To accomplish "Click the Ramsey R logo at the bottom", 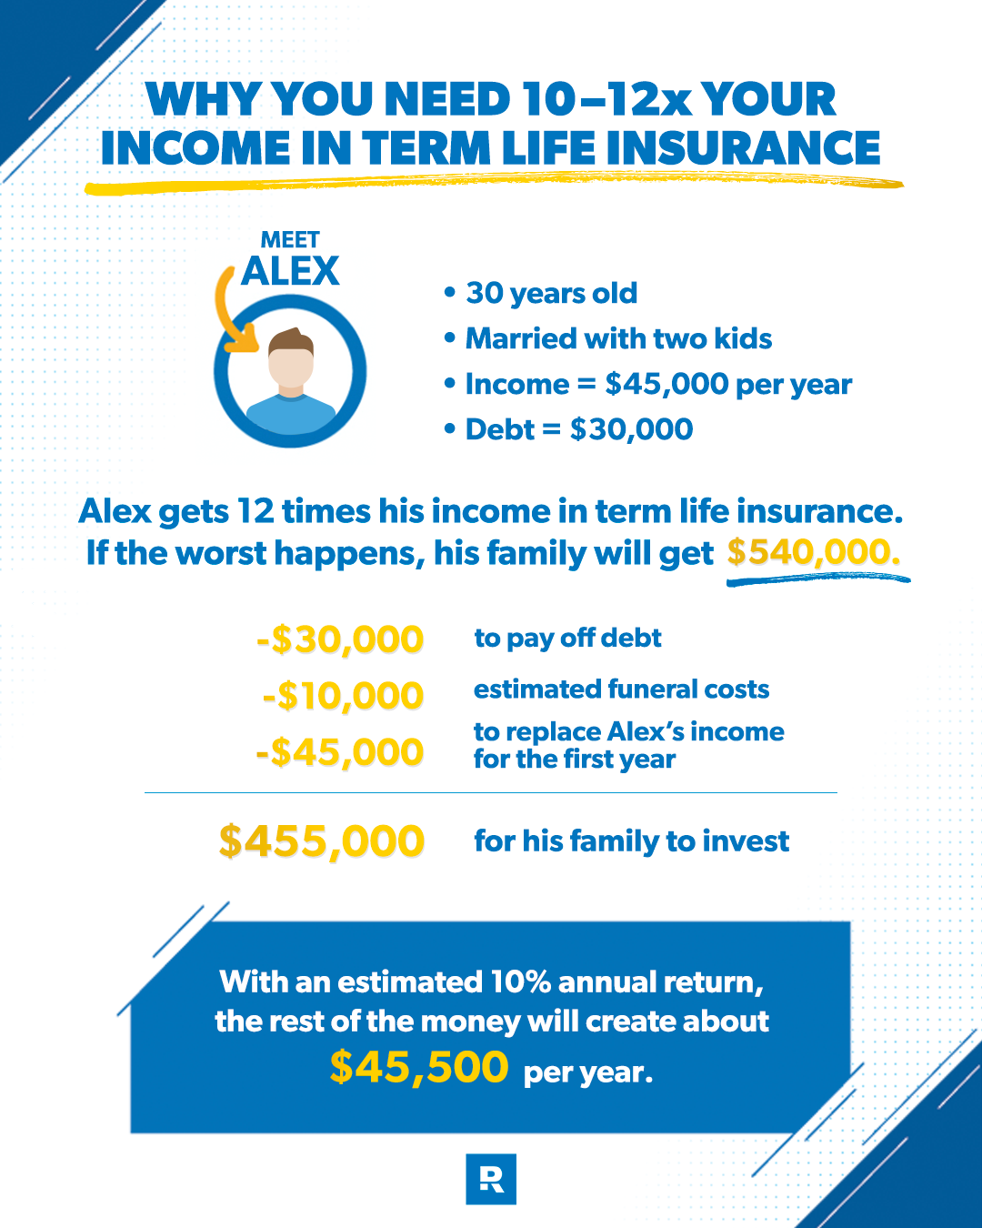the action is pyautogui.click(x=491, y=1179).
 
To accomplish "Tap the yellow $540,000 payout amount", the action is pyautogui.click(x=813, y=552).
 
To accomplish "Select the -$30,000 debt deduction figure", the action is pyautogui.click(x=340, y=639).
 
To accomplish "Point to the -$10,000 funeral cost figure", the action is pyautogui.click(x=343, y=696).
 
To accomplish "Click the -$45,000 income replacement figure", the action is pyautogui.click(x=340, y=752).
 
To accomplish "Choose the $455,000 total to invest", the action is pyautogui.click(x=322, y=841).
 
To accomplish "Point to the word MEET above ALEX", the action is pyautogui.click(x=290, y=239).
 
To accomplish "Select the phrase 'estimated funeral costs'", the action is pyautogui.click(x=621, y=689).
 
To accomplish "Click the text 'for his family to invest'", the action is pyautogui.click(x=632, y=841).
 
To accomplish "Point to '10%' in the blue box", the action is pyautogui.click(x=520, y=982).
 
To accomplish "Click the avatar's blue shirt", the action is pyautogui.click(x=290, y=414).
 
